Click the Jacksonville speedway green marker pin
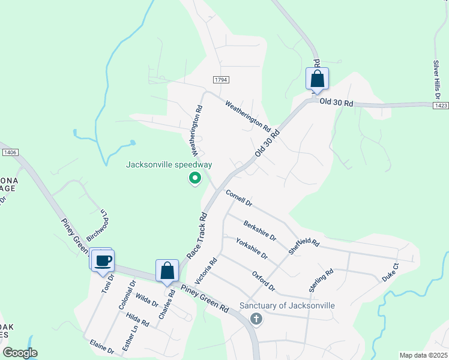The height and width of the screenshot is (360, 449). click(x=194, y=178)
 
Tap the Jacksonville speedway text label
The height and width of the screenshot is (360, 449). click(x=169, y=165)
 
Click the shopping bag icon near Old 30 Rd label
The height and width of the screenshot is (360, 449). click(x=317, y=79)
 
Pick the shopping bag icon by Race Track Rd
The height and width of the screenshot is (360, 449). click(x=167, y=271)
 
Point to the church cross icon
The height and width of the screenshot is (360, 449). click(x=256, y=319)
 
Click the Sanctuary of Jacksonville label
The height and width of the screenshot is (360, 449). click(x=287, y=305)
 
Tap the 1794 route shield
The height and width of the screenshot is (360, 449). click(x=221, y=80)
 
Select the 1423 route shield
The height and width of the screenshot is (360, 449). click(x=440, y=106)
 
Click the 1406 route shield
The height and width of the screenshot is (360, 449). click(x=9, y=152)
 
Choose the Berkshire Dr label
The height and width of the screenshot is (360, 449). click(x=260, y=230)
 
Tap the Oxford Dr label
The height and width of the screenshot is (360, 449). click(x=263, y=281)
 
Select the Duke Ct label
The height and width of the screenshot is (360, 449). click(x=390, y=272)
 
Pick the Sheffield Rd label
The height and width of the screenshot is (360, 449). click(x=304, y=245)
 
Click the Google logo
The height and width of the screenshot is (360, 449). click(x=20, y=353)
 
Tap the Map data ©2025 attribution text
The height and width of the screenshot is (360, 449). click(x=423, y=355)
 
